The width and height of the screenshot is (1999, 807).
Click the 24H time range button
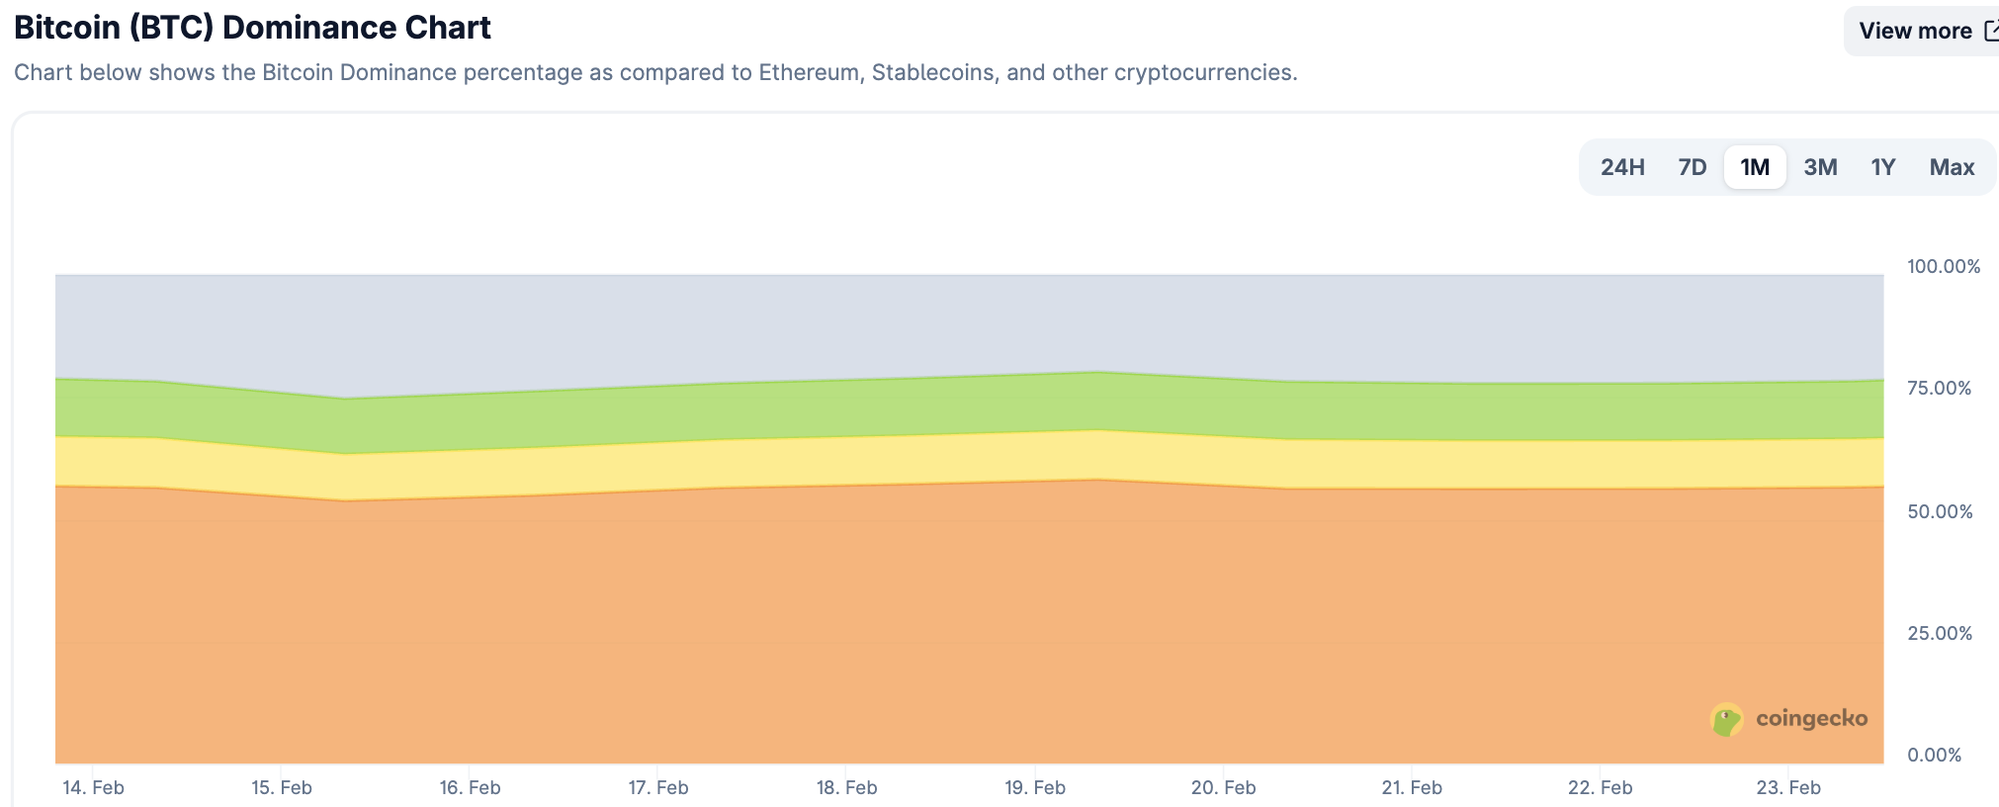pyautogui.click(x=1622, y=167)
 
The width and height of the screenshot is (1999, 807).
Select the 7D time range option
pyautogui.click(x=1692, y=167)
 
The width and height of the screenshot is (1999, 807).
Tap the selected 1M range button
pyautogui.click(x=1755, y=167)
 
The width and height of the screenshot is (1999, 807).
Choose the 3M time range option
pyautogui.click(x=1820, y=167)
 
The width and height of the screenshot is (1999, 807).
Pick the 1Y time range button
pyautogui.click(x=1882, y=167)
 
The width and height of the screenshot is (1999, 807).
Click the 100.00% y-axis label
pyautogui.click(x=1943, y=266)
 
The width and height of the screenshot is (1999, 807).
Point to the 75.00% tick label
pyautogui.click(x=1939, y=388)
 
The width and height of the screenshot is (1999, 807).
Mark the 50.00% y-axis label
pyautogui.click(x=1939, y=511)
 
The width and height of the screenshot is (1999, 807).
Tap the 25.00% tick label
pyautogui.click(x=1939, y=633)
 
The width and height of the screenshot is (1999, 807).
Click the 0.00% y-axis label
pyautogui.click(x=1934, y=755)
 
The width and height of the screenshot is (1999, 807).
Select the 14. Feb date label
pyautogui.click(x=93, y=787)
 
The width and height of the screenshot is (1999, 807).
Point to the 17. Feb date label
pyautogui.click(x=658, y=787)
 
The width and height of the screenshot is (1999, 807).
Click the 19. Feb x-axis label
pyautogui.click(x=1035, y=787)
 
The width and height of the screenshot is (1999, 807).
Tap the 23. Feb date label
pyautogui.click(x=1788, y=787)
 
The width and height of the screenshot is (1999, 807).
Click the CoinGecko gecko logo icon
pyautogui.click(x=1726, y=719)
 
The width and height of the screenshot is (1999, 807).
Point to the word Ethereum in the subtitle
pyautogui.click(x=808, y=72)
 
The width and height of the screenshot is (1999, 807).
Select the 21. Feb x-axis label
pyautogui.click(x=1412, y=787)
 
